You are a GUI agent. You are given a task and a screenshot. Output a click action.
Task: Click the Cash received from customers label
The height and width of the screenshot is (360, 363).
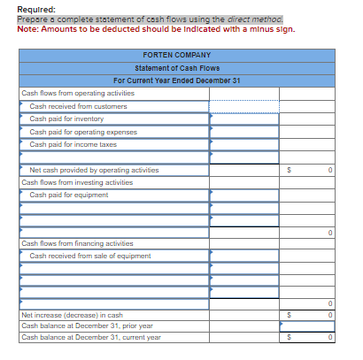point(78,106)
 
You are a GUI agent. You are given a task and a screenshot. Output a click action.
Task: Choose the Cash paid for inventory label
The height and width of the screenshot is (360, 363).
point(66,119)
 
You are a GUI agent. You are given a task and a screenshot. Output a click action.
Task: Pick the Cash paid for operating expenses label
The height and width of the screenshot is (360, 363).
point(83,131)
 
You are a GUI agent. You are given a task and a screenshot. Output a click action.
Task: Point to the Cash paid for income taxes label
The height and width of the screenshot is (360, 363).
point(73,144)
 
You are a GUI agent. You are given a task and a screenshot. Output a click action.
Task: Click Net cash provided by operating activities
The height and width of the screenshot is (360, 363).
point(94,170)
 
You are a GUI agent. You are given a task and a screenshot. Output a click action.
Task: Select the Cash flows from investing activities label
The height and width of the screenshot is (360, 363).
point(77,182)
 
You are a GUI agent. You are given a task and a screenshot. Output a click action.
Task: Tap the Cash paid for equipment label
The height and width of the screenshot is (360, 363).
point(68,195)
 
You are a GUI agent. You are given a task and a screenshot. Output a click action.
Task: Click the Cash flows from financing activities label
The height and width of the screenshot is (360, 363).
point(77,243)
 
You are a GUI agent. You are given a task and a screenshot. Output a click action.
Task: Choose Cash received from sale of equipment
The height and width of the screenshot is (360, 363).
point(90,256)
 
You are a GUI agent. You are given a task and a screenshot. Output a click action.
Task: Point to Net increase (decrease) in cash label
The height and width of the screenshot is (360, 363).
point(72,315)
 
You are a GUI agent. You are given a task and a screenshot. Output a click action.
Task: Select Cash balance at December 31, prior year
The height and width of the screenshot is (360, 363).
point(87,326)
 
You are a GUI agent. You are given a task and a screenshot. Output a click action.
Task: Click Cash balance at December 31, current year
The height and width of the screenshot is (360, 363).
point(90,337)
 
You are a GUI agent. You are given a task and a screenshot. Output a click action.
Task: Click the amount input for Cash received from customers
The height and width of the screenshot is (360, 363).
point(243,106)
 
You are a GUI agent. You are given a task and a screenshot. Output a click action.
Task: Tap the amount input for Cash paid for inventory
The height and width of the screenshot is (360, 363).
point(243,119)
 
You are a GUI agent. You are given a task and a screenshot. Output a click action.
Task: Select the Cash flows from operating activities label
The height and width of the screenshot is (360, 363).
point(78,93)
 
